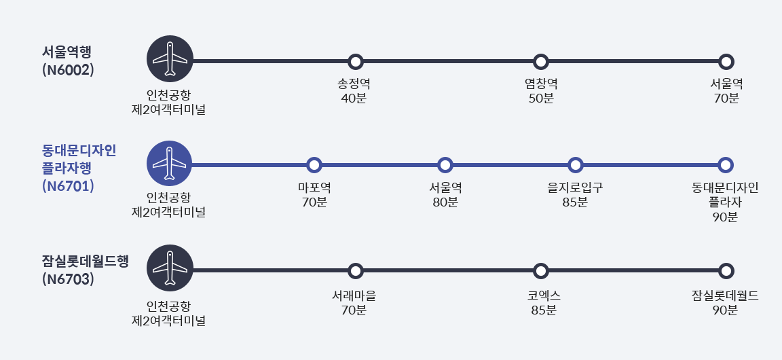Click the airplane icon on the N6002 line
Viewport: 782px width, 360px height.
point(170,59)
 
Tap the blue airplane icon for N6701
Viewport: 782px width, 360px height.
point(170,164)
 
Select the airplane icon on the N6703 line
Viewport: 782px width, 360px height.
point(170,268)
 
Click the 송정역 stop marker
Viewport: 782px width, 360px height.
point(356,62)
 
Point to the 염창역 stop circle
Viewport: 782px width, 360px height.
point(541,62)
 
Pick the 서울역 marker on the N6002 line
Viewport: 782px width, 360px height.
point(726,62)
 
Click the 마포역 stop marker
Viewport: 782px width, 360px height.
point(314,165)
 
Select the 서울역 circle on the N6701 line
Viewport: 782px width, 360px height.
point(445,165)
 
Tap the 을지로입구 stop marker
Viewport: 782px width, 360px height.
point(575,165)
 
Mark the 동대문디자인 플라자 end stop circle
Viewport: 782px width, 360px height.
point(726,165)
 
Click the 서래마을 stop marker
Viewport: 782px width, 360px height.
point(356,271)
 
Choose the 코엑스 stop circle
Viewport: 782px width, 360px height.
point(541,271)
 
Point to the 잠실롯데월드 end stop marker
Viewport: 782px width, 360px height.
point(726,271)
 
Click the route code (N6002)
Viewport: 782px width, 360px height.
point(67,69)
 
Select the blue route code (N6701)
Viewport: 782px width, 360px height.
point(67,185)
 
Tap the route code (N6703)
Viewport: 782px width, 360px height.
point(67,278)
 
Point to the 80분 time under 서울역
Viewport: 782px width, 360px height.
point(445,202)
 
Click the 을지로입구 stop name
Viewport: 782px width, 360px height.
point(575,186)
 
